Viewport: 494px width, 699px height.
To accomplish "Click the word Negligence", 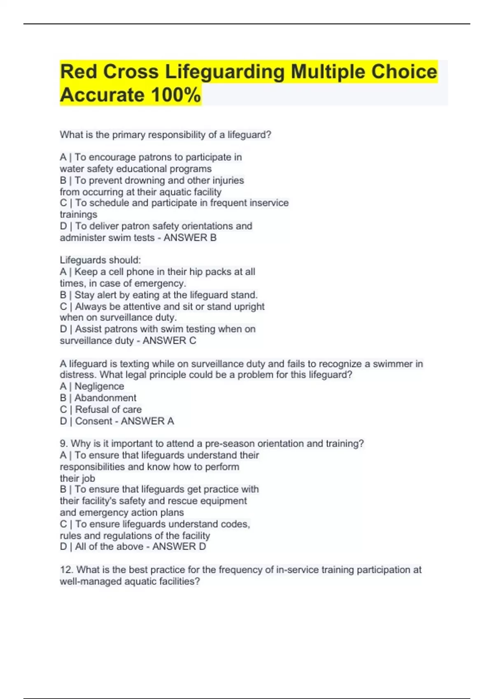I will pos(99,387).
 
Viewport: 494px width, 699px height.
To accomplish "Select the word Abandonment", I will pos(105,398).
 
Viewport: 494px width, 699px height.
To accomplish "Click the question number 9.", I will pos(63,444).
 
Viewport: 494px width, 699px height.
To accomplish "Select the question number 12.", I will pos(66,570).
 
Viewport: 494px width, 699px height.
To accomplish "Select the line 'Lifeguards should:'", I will pos(100,260).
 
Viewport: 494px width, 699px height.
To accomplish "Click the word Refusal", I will pos(93,410).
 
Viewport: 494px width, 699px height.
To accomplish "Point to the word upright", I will pos(249,307).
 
